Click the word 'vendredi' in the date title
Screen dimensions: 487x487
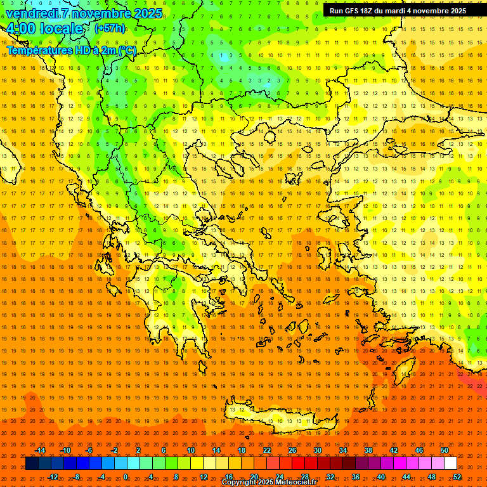[32, 13]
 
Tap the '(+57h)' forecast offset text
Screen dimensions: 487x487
[109, 29]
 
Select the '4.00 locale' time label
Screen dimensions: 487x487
[44, 29]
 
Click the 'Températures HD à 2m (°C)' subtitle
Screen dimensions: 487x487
[71, 50]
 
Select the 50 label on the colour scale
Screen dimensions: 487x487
[444, 450]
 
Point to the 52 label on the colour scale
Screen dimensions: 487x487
[457, 476]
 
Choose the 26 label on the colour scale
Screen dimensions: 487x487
[292, 450]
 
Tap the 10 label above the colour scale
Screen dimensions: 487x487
[190, 450]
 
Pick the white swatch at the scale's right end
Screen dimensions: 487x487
[450, 464]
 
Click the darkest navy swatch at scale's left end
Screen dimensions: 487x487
[32, 464]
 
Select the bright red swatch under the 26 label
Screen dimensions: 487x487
[298, 464]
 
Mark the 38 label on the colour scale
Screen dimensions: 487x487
[368, 450]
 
